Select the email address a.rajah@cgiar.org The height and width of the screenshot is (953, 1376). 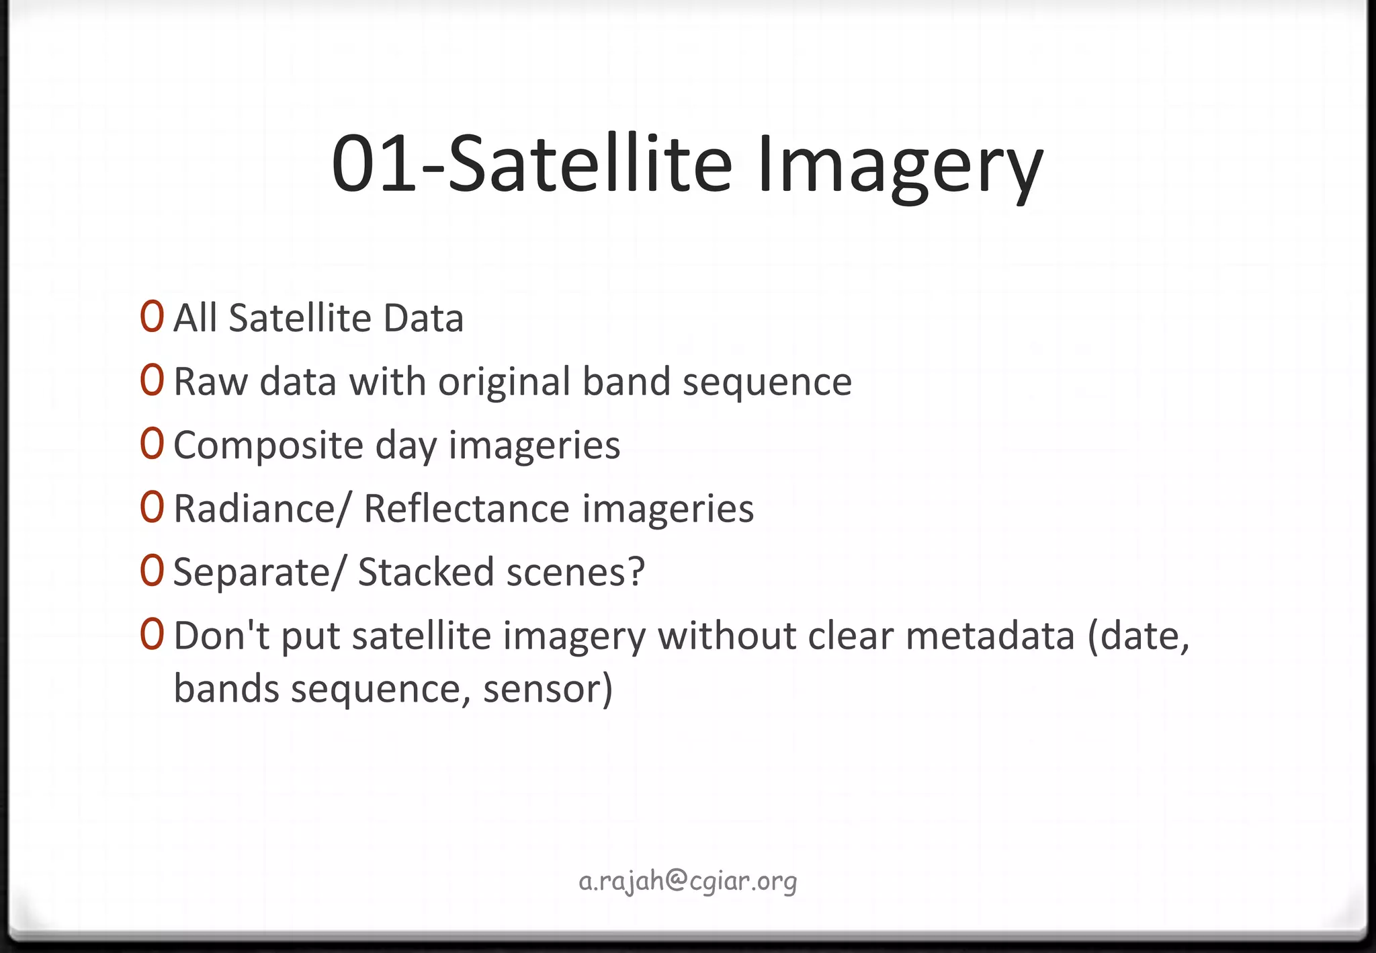[x=688, y=880]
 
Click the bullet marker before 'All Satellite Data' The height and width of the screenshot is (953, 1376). [x=153, y=317]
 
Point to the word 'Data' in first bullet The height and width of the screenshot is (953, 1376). [x=423, y=318]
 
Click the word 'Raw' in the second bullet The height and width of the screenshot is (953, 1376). [x=210, y=382]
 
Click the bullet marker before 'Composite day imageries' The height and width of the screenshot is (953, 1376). [x=153, y=443]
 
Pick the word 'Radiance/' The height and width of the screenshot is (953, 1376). [x=262, y=509]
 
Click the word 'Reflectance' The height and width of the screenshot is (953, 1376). [x=466, y=509]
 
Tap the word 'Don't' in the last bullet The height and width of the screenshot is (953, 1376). [x=222, y=635]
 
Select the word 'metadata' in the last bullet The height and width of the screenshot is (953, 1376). [x=990, y=636]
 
